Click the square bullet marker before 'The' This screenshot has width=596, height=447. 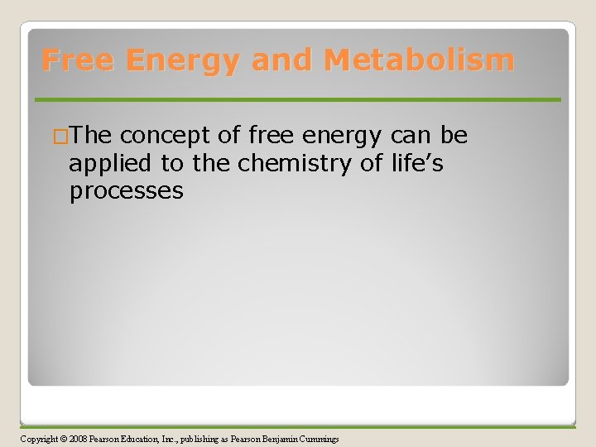[x=60, y=136]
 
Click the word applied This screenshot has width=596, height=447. [x=112, y=165]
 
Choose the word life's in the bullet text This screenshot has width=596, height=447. [x=416, y=163]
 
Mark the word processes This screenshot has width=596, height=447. [x=126, y=192]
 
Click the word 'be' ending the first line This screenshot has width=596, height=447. [x=454, y=135]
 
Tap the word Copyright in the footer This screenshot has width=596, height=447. [x=39, y=439]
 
